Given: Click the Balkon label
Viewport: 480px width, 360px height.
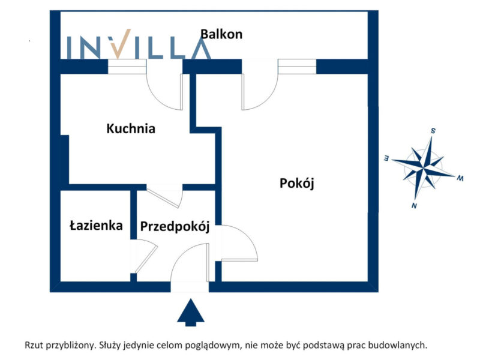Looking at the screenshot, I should click(x=221, y=34).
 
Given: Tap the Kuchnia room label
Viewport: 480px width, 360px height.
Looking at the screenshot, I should click(x=131, y=128).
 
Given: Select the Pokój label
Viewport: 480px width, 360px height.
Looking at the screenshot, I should click(x=297, y=184).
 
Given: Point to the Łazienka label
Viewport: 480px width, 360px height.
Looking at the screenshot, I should click(x=96, y=226).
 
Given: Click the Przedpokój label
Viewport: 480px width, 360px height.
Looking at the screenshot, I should click(x=175, y=227).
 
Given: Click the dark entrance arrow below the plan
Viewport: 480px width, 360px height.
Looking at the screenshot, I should click(x=190, y=313).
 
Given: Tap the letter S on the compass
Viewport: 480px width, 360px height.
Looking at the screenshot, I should click(x=433, y=130).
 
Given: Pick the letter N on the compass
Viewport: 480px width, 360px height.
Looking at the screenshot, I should click(x=415, y=206).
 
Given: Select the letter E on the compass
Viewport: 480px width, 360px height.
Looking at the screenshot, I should click(x=387, y=158).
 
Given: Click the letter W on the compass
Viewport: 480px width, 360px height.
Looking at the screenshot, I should click(x=460, y=178).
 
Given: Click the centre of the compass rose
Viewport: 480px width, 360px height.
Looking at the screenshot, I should click(x=424, y=168).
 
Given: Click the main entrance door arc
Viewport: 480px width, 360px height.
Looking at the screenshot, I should click(x=190, y=264).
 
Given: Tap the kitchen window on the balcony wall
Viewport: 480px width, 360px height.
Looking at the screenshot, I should click(x=127, y=67).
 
